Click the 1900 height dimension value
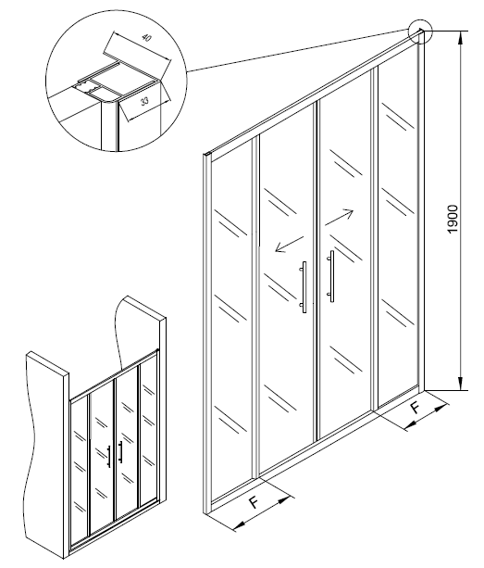point(453,220)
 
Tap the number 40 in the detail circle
point(146,38)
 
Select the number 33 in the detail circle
point(144,101)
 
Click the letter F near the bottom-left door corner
point(254,503)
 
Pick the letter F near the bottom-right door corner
point(416,409)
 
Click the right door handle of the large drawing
point(330,276)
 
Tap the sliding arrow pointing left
point(290,244)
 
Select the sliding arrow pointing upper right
point(339,218)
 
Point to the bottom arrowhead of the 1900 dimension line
point(461,384)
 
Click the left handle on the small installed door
point(108,457)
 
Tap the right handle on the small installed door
point(120,452)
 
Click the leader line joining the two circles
point(298,50)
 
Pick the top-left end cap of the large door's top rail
point(207,155)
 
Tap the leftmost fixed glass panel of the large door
point(231,322)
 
